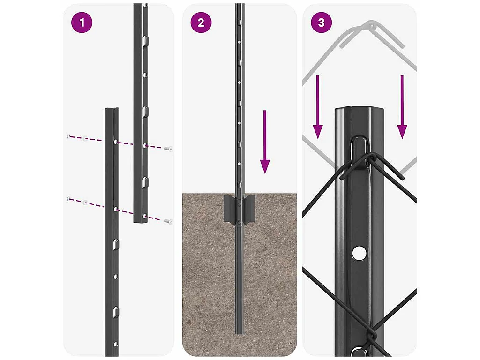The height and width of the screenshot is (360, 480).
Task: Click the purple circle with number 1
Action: click(82, 22)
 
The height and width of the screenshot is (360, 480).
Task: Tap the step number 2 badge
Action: click(201, 22)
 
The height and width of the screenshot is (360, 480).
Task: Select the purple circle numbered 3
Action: click(321, 22)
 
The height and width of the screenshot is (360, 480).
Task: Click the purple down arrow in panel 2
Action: click(265, 142)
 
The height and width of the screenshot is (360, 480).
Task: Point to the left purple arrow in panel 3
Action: click(318, 107)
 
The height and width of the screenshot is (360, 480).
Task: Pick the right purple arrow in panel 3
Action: click(402, 107)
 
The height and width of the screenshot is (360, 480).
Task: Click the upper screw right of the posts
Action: click(168, 149)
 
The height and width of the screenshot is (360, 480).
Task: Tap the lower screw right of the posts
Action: click(168, 221)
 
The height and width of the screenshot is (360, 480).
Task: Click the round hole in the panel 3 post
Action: click(359, 253)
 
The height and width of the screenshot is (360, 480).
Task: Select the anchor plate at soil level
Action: click(240, 208)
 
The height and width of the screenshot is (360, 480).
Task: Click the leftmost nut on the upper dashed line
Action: click(69, 136)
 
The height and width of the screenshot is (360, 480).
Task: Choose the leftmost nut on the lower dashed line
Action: click(69, 199)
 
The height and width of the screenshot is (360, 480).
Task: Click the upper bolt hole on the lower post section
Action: click(115, 142)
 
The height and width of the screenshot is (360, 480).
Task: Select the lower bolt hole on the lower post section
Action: click(115, 210)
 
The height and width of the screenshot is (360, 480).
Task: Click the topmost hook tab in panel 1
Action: click(145, 40)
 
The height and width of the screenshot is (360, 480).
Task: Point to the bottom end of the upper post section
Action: click(141, 221)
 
